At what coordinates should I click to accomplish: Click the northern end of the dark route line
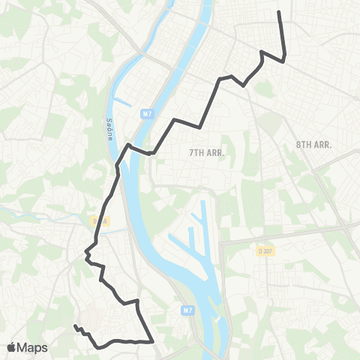279,12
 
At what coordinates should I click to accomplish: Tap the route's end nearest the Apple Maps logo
75,326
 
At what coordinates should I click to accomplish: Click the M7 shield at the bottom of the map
187,308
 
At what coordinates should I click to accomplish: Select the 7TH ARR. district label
206,151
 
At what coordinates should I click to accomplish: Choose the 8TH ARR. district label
313,142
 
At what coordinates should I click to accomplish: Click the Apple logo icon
13,347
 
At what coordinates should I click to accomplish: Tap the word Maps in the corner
33,347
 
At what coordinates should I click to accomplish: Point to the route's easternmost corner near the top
285,59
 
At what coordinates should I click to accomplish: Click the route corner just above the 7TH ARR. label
202,126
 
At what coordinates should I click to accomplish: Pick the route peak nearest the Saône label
129,144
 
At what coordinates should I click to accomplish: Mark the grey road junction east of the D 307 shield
341,225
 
